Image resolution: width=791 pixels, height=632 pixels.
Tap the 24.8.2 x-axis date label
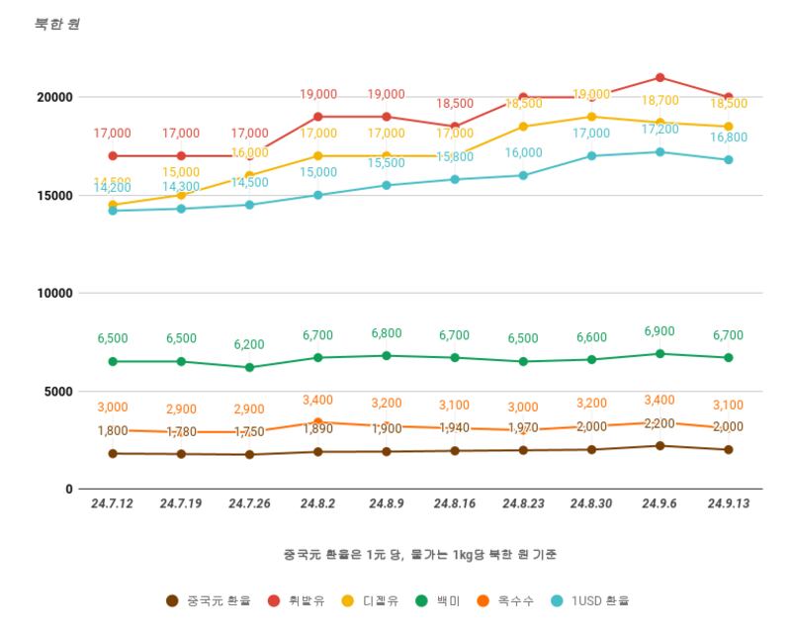click(x=317, y=503)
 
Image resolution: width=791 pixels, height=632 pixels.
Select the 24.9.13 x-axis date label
click(x=728, y=503)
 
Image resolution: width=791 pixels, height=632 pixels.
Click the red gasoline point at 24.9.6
click(x=659, y=77)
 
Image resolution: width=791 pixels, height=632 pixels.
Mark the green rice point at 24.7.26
click(x=249, y=367)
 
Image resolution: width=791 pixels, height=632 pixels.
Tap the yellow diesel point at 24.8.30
click(x=591, y=117)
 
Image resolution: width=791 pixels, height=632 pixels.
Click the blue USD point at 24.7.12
click(x=113, y=211)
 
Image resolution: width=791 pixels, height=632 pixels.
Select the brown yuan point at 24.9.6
click(x=659, y=446)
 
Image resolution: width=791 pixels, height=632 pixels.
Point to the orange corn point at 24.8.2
click(x=317, y=422)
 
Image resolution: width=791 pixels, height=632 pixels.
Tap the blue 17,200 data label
click(x=659, y=129)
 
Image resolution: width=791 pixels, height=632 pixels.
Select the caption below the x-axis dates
click(x=419, y=554)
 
